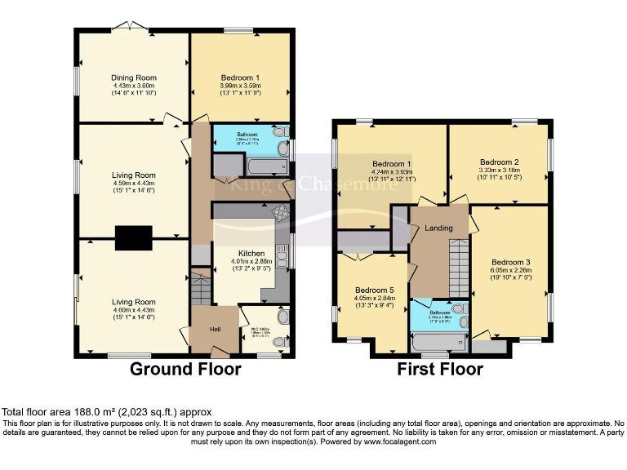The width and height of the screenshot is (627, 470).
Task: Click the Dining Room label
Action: pyautogui.click(x=134, y=78)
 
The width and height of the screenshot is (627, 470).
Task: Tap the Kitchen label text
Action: pyautogui.click(x=251, y=254)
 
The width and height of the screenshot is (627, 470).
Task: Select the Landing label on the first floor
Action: pyautogui.click(x=438, y=228)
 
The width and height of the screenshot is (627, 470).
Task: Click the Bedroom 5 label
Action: pyautogui.click(x=374, y=290)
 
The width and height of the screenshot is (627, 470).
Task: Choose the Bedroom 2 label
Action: pyautogui.click(x=500, y=162)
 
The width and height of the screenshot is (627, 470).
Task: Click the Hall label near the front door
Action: pyautogui.click(x=215, y=329)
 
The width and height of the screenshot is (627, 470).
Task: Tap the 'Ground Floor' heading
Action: pyautogui.click(x=186, y=370)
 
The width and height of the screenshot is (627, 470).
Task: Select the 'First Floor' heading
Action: pyautogui.click(x=439, y=370)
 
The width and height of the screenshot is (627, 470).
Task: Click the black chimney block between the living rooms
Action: pyautogui.click(x=132, y=237)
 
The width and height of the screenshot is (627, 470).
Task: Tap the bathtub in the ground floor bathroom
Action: pyautogui.click(x=252, y=168)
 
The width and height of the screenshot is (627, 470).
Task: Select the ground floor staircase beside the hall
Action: pyautogui.click(x=201, y=289)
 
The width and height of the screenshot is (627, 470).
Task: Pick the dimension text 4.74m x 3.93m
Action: pyautogui.click(x=394, y=172)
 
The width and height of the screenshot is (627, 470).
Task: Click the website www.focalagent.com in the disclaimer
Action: pyautogui.click(x=400, y=441)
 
